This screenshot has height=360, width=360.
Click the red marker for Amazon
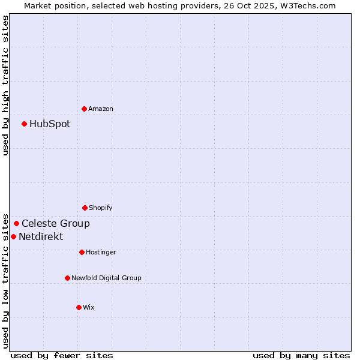coord(84,109)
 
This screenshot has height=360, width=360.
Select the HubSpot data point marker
coord(24,124)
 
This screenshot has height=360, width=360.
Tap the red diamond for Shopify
coord(85,208)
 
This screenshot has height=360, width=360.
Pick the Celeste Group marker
coord(16,223)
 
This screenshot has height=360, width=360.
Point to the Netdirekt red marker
coord(13,236)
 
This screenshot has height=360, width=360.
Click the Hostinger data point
coord(82,252)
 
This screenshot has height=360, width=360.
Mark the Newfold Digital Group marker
coord(67,278)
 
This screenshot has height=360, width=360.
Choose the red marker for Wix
coord(79,307)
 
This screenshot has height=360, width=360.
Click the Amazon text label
coord(101,109)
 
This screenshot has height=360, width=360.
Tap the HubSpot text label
coord(50,124)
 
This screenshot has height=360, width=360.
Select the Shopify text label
coord(101,208)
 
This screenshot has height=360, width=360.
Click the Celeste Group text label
coord(56,224)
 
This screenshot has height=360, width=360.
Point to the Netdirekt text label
coord(41,237)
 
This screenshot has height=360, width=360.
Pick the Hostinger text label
coord(101,252)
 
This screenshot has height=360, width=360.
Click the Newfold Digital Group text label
coord(107,278)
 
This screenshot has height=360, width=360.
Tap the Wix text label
coord(89,307)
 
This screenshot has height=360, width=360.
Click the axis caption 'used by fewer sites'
coord(62,355)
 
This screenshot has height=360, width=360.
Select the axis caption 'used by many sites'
coord(301,355)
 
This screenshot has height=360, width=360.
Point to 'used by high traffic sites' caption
coord(5,85)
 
